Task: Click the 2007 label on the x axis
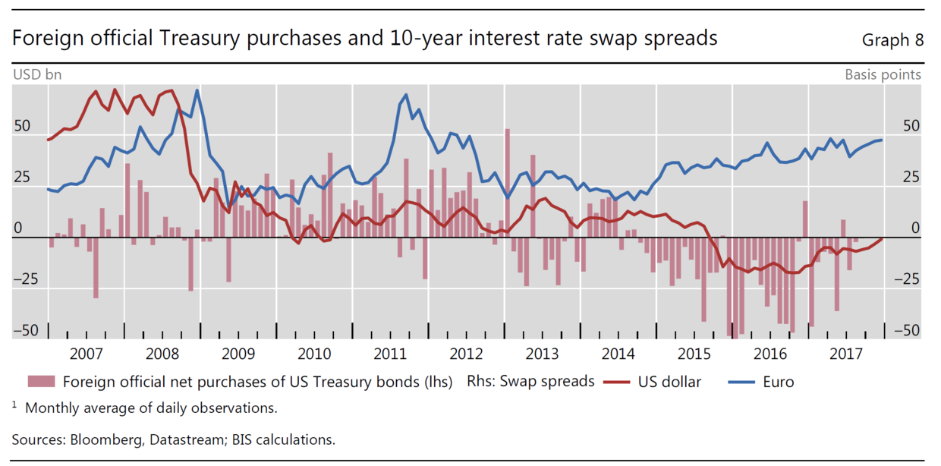pos(86,354)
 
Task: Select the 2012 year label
pos(466,354)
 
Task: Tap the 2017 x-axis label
pos(846,354)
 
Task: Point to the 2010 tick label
pos(314,354)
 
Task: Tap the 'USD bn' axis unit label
pos(37,74)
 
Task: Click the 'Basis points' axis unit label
pos(883,74)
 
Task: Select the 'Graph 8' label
pos(892,40)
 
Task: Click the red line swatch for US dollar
pos(619,382)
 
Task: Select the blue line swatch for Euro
pos(744,382)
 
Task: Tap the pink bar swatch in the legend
pos(42,382)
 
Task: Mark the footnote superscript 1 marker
pos(14,405)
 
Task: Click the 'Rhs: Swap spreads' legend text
pos(530,381)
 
